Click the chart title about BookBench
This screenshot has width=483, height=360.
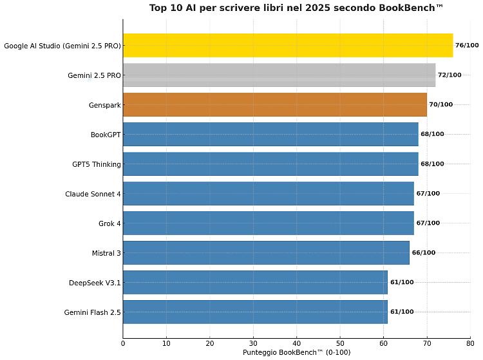click(x=296, y=8)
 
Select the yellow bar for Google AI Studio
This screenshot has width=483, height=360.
click(x=288, y=46)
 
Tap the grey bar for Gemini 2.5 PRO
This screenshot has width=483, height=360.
click(x=279, y=75)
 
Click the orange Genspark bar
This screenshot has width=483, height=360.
click(x=274, y=105)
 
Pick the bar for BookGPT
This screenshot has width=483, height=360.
click(x=270, y=135)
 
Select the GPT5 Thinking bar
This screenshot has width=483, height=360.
click(x=270, y=164)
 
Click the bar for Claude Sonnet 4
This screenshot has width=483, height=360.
click(x=268, y=194)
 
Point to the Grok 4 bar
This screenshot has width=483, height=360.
click(x=268, y=223)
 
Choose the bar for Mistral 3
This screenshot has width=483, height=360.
click(x=266, y=253)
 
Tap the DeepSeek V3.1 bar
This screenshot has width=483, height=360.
click(x=255, y=283)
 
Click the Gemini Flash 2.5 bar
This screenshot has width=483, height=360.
click(x=255, y=312)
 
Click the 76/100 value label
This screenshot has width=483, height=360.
click(x=467, y=46)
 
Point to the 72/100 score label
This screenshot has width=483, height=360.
click(x=450, y=75)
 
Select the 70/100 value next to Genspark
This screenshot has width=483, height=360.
click(x=441, y=105)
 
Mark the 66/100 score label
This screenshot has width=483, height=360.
click(x=424, y=253)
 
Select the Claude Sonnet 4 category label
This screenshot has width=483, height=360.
click(x=93, y=194)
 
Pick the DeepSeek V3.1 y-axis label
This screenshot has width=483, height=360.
click(x=95, y=283)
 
